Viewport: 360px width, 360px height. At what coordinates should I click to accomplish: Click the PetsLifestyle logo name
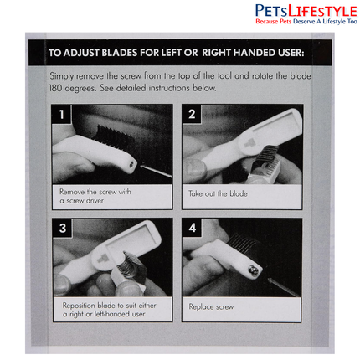tap(306, 12)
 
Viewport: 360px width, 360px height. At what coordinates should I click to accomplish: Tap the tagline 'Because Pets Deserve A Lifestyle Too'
tap(306, 22)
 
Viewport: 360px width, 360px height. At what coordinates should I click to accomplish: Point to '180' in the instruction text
tap(55, 88)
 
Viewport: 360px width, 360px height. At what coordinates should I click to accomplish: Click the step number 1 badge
tap(62, 114)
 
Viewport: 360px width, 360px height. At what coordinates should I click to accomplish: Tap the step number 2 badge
tap(192, 114)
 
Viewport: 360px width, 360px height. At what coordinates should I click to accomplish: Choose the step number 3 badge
tap(63, 228)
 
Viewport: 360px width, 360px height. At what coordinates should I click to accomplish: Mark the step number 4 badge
tap(192, 228)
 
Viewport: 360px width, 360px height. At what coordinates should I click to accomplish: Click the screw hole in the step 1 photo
tap(132, 165)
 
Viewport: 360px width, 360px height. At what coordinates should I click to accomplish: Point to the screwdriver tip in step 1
tap(141, 167)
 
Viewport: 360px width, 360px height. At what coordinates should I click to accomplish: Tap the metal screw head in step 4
tap(251, 270)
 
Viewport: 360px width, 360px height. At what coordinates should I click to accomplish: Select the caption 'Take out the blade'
tap(218, 193)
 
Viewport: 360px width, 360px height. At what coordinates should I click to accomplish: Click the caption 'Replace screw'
tap(211, 307)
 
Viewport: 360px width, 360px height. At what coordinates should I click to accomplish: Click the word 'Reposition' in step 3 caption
tap(79, 306)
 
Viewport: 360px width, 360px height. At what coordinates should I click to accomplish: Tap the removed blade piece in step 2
tap(260, 167)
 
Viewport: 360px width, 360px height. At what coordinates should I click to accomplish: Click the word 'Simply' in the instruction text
tap(62, 76)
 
